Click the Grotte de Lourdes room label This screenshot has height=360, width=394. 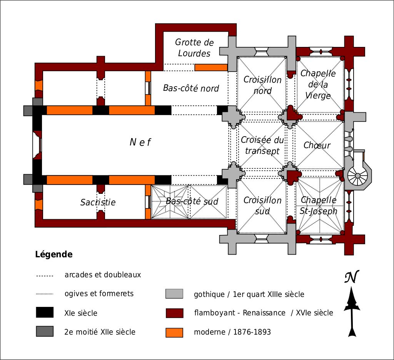(x=194, y=48)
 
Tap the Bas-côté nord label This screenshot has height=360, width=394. (x=191, y=88)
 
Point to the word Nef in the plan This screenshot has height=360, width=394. (x=140, y=142)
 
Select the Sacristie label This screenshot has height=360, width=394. (x=98, y=202)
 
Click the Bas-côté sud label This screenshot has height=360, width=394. (x=192, y=201)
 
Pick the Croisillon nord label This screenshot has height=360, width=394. (x=262, y=85)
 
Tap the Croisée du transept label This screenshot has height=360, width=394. (x=262, y=145)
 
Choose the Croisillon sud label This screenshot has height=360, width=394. (x=262, y=205)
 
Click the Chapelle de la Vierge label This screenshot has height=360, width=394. (x=318, y=84)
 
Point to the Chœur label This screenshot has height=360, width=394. (x=317, y=145)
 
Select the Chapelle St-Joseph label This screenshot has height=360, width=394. (x=318, y=205)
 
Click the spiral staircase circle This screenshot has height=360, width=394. (x=357, y=175)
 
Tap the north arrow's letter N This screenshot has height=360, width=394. (x=352, y=277)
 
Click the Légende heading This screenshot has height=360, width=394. (x=53, y=254)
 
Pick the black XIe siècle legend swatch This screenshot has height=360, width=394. (x=44, y=313)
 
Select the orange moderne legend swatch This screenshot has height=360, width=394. (x=174, y=332)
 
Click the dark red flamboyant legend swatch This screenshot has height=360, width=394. (x=174, y=313)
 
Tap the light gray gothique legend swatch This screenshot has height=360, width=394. (x=174, y=294)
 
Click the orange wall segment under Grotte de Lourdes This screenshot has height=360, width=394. (x=211, y=67)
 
